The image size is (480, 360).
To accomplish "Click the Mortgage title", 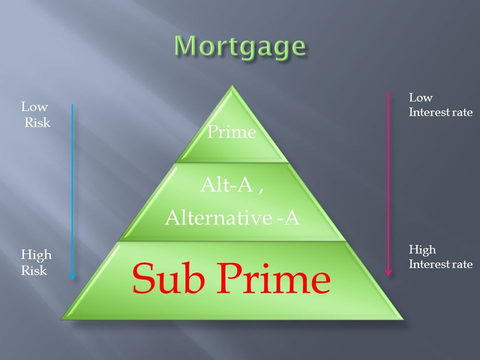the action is pos(240,47).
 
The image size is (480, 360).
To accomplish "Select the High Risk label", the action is pos(35,262).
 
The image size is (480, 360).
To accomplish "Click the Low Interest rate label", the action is pos(440,105).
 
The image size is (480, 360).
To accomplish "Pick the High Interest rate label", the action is pos(440,256).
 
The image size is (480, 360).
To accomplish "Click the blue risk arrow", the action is pos(72,190).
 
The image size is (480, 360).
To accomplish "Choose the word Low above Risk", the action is pos(34,107).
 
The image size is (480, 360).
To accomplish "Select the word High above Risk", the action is pos(36,255).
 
